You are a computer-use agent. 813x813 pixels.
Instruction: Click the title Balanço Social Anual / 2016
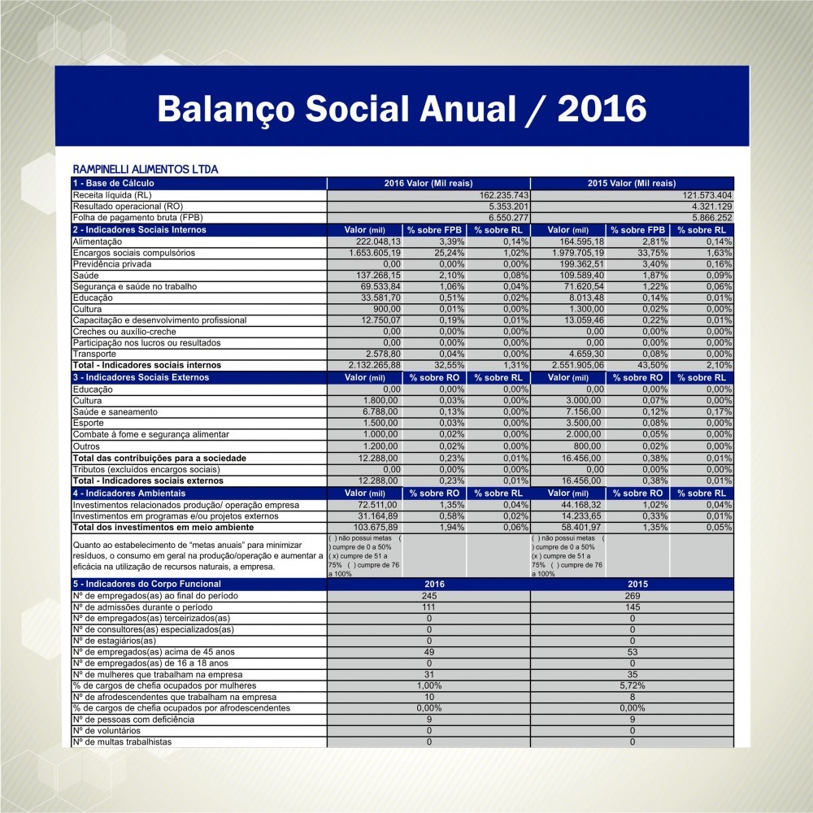[402, 107]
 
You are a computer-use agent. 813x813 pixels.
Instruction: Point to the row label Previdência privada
[110, 264]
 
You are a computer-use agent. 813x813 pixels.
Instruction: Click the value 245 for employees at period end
[428, 596]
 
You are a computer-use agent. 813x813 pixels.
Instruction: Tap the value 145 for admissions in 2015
[632, 607]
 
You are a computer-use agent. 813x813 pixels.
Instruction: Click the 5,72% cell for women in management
[632, 685]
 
